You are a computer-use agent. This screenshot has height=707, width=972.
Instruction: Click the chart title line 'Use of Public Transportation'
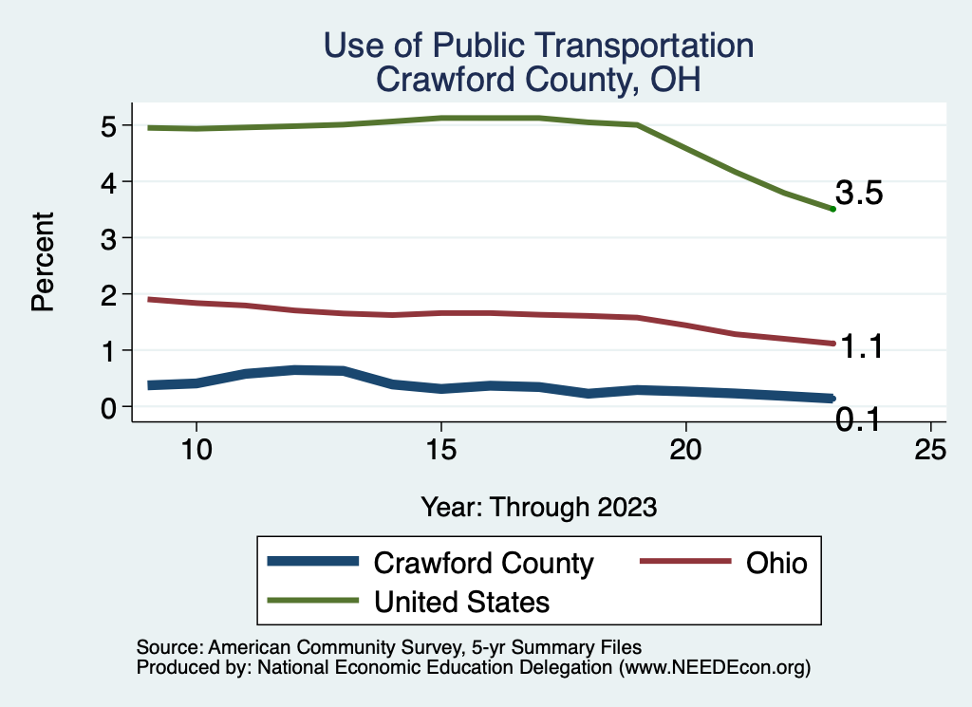tap(538, 45)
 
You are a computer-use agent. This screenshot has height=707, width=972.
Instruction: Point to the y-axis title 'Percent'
tap(41, 263)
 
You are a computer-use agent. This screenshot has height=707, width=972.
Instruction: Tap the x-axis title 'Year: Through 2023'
tap(538, 507)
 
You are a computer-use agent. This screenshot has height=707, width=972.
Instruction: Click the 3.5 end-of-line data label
tap(859, 194)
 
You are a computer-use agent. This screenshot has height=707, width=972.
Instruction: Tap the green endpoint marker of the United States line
tap(832, 209)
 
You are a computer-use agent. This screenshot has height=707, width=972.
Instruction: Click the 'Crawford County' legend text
tap(484, 563)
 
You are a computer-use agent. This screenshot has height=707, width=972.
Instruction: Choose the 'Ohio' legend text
tap(776, 563)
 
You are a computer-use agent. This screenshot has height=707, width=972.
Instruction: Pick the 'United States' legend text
tap(462, 601)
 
